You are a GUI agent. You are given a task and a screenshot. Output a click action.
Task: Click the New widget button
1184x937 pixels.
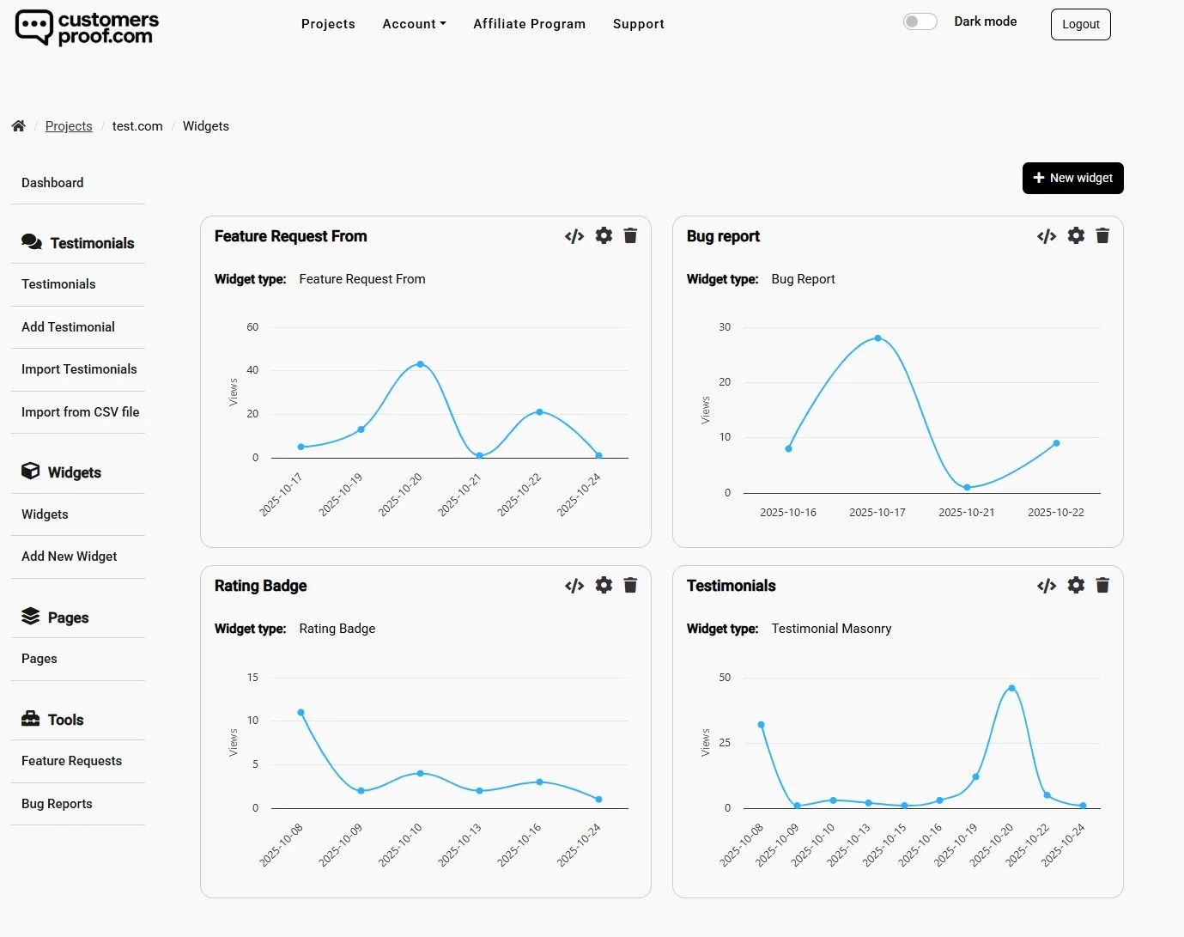coord(1072,178)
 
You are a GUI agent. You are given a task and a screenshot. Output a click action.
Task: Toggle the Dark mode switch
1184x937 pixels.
coord(920,21)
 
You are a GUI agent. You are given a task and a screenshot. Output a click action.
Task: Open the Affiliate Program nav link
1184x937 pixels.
coord(529,24)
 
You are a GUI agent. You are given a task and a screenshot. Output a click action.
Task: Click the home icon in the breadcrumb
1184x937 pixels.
coord(18,126)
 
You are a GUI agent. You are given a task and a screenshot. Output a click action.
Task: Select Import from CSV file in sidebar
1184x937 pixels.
coord(80,412)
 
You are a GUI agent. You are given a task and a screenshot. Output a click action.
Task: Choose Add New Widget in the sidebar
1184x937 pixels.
coord(69,557)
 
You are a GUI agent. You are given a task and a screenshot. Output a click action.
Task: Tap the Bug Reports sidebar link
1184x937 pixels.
coord(57,804)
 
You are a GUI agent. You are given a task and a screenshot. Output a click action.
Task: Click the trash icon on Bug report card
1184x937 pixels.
coord(1102,235)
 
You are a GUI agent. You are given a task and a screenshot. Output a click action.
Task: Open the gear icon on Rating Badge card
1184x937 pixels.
coord(604,585)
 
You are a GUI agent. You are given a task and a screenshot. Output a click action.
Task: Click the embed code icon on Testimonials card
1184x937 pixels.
coord(1046,586)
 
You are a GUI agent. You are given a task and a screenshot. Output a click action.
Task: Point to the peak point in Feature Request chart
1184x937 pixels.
coord(420,364)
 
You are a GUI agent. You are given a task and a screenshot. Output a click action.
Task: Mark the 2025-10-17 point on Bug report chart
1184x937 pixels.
coord(877,338)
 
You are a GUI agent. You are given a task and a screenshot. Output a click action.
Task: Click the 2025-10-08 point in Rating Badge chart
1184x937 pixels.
coord(301,712)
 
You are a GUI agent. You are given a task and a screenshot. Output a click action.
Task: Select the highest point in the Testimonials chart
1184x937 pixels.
coord(1011,688)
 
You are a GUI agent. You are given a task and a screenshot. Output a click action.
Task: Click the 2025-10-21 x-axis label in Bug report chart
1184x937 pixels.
coord(966,513)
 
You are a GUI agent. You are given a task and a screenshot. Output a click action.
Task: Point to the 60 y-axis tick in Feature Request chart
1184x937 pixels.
coord(252,327)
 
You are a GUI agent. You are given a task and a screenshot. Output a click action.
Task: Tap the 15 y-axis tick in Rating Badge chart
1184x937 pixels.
coord(252,678)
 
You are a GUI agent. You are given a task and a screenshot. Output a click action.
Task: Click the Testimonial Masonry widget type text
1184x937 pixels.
coord(831,629)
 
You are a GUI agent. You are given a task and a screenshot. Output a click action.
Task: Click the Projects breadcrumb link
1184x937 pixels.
coord(69,126)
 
